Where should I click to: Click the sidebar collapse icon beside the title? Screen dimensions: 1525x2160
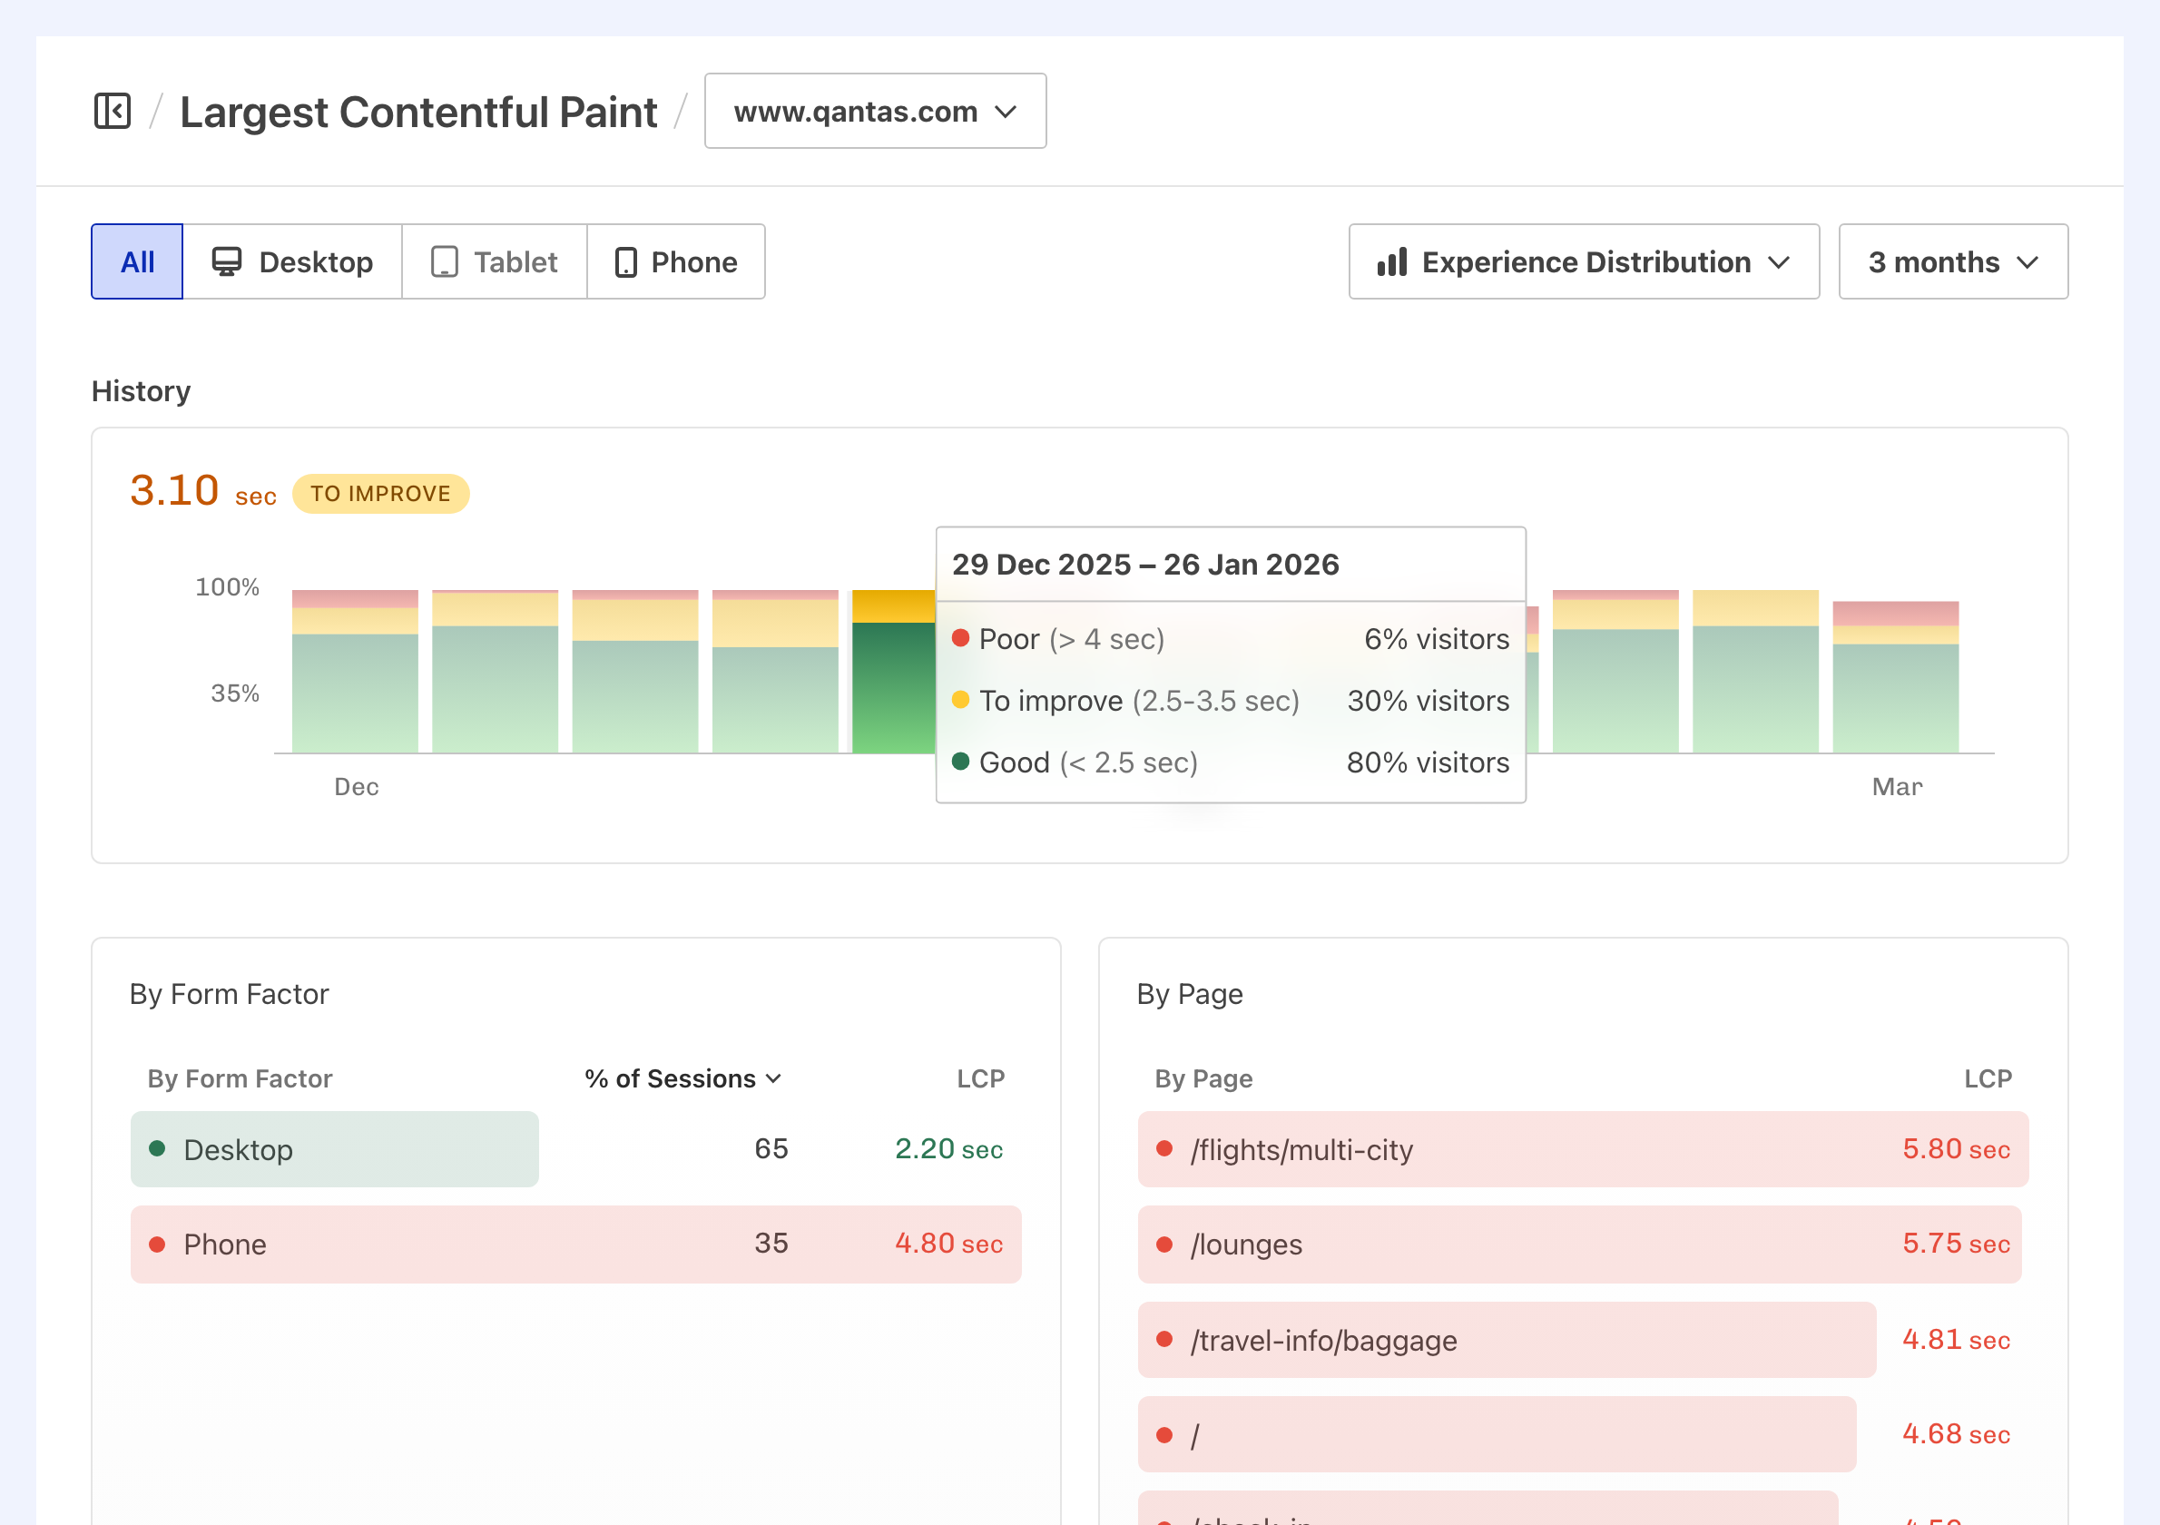(x=112, y=111)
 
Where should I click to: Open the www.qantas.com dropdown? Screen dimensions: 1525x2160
(x=875, y=111)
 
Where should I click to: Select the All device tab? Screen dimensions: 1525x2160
(x=137, y=261)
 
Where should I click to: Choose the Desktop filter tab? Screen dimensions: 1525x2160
(x=292, y=261)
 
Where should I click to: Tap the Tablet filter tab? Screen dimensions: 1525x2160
(x=495, y=261)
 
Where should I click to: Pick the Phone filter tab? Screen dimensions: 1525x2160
(x=675, y=261)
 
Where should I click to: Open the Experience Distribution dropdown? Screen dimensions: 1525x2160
(x=1584, y=261)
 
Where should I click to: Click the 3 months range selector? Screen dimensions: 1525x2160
(x=1952, y=261)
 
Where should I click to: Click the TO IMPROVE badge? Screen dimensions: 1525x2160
(x=380, y=494)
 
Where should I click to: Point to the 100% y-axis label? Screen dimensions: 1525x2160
(x=227, y=587)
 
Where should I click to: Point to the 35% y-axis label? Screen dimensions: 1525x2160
(x=234, y=694)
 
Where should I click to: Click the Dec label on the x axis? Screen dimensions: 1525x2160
(x=357, y=786)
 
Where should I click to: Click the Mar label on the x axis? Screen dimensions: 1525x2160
(x=1897, y=786)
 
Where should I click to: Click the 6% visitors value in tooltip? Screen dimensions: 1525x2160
(x=1437, y=639)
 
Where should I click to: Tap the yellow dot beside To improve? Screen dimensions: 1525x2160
(x=960, y=699)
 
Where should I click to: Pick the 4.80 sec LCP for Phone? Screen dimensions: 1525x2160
(x=948, y=1244)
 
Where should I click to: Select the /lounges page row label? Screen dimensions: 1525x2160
(x=1245, y=1245)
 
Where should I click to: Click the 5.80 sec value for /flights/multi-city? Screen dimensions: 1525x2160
(x=1956, y=1148)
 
